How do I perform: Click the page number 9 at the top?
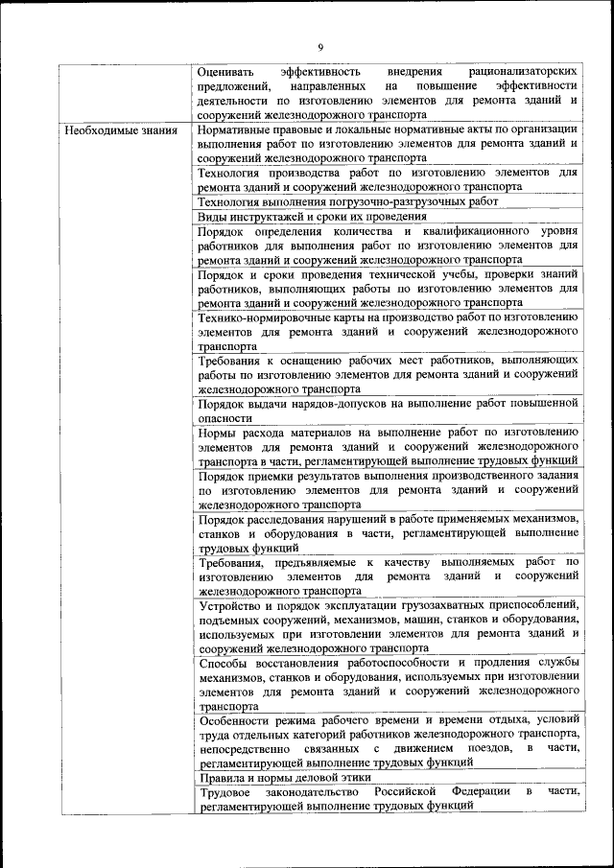pos(320,47)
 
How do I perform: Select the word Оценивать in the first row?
pos(228,72)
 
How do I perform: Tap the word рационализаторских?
pos(524,72)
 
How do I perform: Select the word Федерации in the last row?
pos(480,792)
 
